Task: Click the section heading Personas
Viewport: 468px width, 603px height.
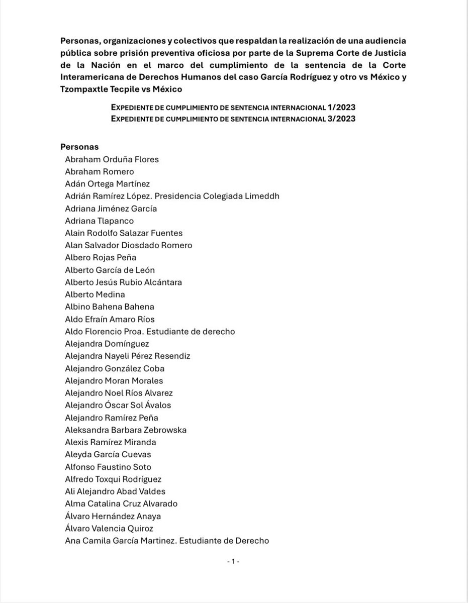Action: coord(79,147)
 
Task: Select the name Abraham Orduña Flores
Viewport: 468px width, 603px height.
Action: coord(112,159)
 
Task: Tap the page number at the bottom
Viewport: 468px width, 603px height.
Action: coord(234,561)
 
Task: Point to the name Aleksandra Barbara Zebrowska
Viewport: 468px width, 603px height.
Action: coord(126,430)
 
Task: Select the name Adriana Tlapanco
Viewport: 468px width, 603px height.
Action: coord(100,221)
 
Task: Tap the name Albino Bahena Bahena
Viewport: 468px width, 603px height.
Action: coord(110,307)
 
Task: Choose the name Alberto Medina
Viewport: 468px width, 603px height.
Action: coord(95,294)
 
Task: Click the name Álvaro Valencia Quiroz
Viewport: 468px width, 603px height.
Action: coord(109,528)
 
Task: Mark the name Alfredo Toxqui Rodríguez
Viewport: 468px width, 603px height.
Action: coord(113,479)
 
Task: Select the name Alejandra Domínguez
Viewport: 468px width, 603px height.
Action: coord(107,344)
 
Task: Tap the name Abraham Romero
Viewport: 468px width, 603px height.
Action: coord(100,171)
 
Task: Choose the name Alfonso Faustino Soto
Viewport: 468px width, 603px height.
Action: coord(108,467)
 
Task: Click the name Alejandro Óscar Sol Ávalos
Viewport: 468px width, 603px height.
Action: coord(121,405)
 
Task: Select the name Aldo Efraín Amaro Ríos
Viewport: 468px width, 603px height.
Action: coord(110,319)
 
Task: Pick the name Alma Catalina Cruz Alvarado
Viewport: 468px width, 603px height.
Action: coord(121,504)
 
